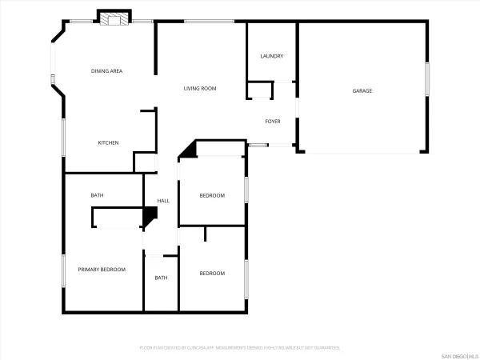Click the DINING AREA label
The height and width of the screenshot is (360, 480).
(x=106, y=72)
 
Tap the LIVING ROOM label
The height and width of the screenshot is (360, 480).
(x=200, y=88)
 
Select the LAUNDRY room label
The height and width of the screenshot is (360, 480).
(x=272, y=56)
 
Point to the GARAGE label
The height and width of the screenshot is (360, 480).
(x=362, y=90)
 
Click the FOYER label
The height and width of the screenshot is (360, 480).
(x=273, y=122)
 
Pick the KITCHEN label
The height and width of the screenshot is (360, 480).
(x=108, y=143)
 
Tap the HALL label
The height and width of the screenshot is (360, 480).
(x=163, y=201)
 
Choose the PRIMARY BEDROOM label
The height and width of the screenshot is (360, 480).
(x=102, y=270)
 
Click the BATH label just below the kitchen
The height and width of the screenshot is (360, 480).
(x=97, y=195)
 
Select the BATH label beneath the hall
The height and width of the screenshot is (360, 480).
(x=161, y=278)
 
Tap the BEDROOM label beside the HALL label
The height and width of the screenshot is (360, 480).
(x=212, y=196)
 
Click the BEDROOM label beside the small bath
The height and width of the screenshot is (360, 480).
(x=212, y=274)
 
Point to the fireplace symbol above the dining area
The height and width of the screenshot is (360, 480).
(x=113, y=18)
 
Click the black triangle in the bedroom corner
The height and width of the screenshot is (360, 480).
(x=189, y=150)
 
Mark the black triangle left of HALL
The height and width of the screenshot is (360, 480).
(x=148, y=216)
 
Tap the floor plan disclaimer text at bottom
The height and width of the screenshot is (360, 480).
(x=239, y=348)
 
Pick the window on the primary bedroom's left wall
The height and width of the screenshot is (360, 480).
(x=63, y=270)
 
